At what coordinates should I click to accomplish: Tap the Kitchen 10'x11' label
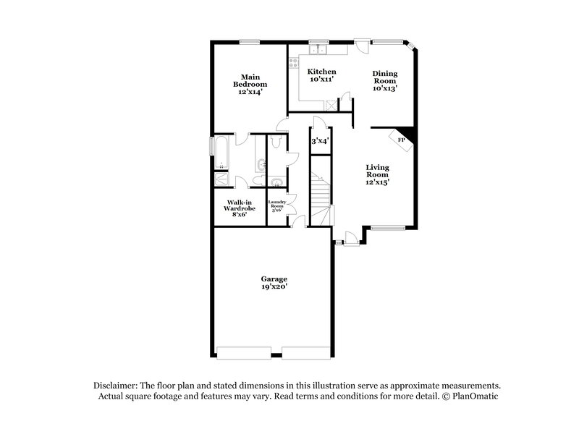322,75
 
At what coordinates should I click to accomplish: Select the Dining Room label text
386,80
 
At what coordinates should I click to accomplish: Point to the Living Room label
377,174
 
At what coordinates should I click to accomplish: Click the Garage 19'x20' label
274,283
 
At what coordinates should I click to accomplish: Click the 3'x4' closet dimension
320,141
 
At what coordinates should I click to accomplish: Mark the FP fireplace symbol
401,139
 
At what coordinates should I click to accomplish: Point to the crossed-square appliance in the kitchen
331,104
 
